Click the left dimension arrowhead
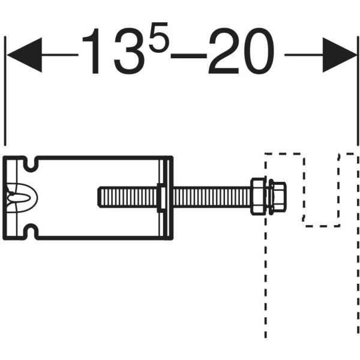24,55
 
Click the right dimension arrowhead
339,55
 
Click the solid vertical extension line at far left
5,90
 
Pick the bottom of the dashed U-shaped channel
322,226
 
